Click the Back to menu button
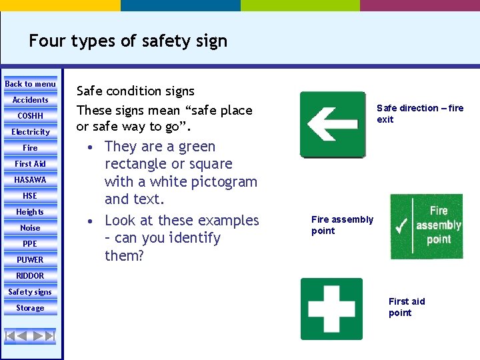(30, 84)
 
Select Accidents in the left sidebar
(30, 100)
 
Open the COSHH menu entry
(30, 116)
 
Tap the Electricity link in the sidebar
(30, 132)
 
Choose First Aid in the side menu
(30, 164)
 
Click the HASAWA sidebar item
(30, 180)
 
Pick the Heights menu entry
(30, 212)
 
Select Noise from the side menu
(30, 228)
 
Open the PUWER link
(30, 260)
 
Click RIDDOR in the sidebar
(30, 276)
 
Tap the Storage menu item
(30, 308)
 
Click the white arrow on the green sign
(331, 125)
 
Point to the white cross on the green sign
(331, 309)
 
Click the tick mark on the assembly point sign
(402, 227)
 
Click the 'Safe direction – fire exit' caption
(419, 114)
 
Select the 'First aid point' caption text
(406, 307)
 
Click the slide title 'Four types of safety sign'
(128, 41)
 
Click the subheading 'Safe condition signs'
(135, 91)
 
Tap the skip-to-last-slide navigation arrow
(49, 335)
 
